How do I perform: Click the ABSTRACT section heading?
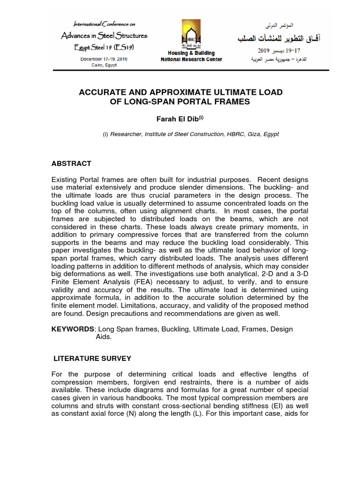71,164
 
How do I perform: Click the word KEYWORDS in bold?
72,329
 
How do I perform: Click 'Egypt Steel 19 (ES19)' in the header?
103,47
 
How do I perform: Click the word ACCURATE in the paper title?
103,92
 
